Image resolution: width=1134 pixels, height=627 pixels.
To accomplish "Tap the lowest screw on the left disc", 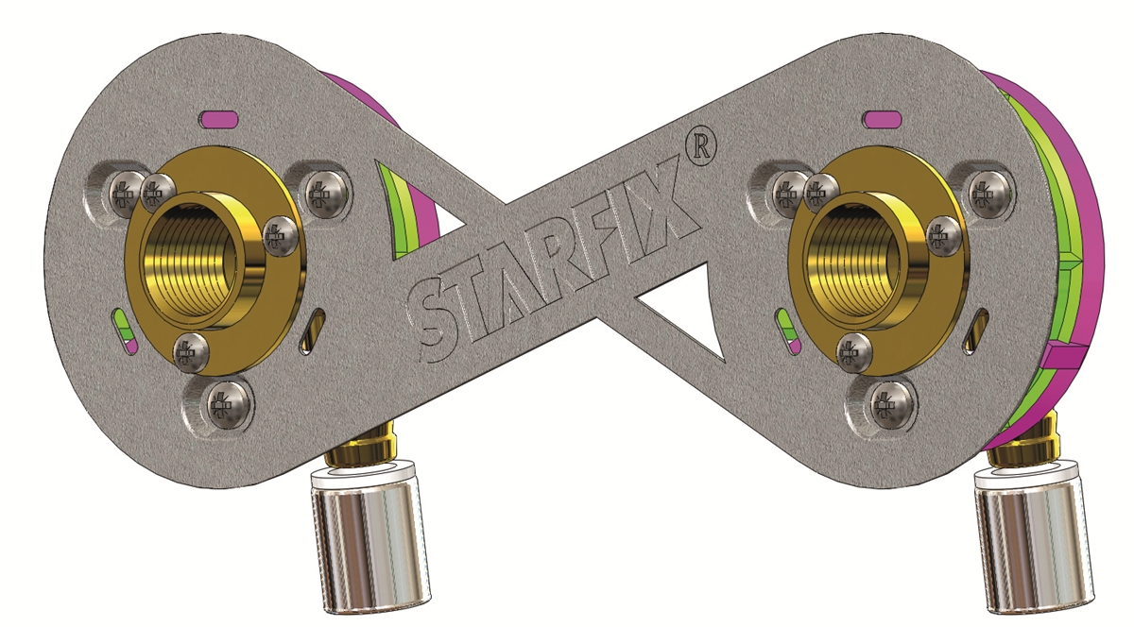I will click(x=223, y=407).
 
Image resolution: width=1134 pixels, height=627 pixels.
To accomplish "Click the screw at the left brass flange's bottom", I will click(x=187, y=350).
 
